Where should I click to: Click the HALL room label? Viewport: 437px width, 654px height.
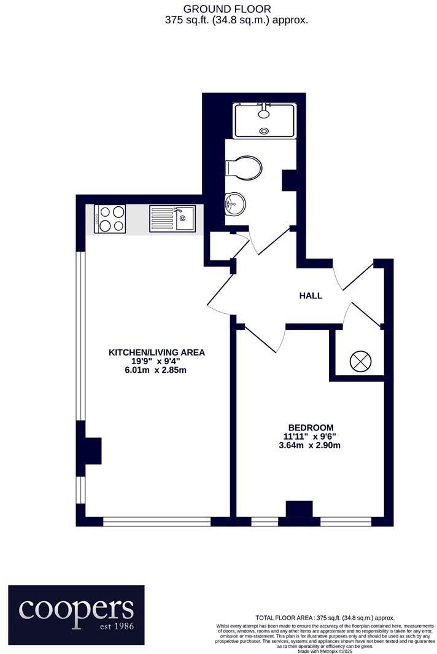pyautogui.click(x=311, y=295)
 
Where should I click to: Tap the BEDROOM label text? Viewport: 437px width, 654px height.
pyautogui.click(x=311, y=427)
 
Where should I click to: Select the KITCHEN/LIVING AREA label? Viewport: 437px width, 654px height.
pyautogui.click(x=157, y=352)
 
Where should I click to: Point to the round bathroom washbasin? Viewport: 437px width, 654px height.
pyautogui.click(x=234, y=203)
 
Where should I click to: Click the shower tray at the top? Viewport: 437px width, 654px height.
pyautogui.click(x=264, y=121)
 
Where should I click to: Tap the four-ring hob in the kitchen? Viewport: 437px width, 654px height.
pyautogui.click(x=110, y=219)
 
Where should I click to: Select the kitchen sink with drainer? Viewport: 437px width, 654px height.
pyautogui.click(x=172, y=219)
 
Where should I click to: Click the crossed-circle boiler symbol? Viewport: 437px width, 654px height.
pyautogui.click(x=359, y=360)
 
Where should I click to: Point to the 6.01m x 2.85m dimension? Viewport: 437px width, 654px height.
pyautogui.click(x=157, y=370)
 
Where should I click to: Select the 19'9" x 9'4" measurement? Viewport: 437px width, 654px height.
pyautogui.click(x=157, y=362)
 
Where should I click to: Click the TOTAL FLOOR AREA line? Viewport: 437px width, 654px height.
pyautogui.click(x=325, y=618)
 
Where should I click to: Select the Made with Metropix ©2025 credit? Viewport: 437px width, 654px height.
pyautogui.click(x=325, y=651)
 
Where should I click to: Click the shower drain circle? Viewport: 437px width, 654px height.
pyautogui.click(x=265, y=130)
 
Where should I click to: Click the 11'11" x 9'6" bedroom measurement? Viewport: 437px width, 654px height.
pyautogui.click(x=311, y=437)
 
